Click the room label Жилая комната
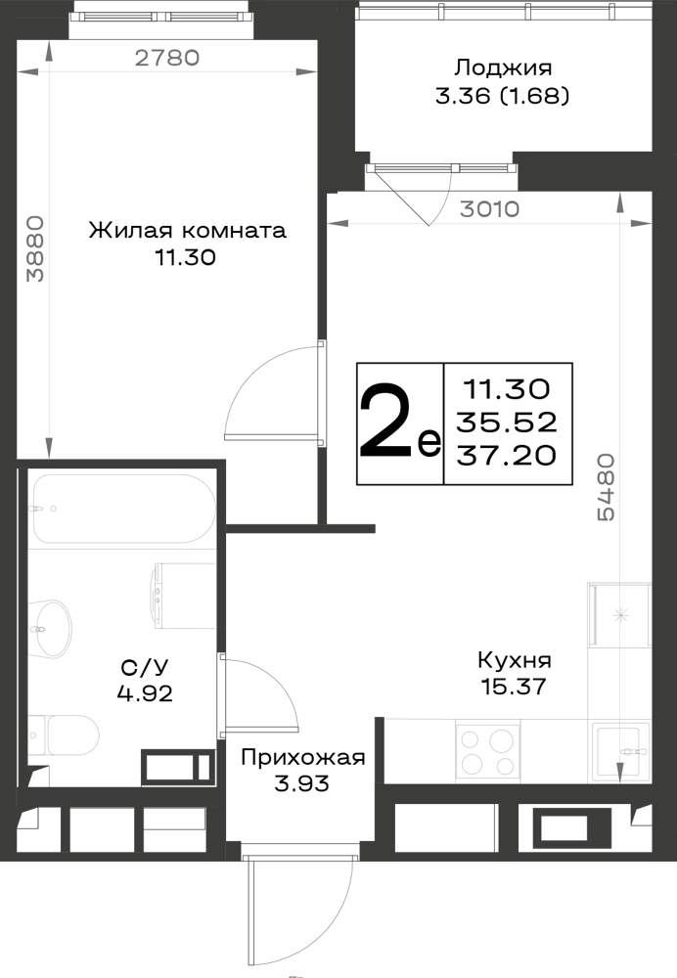(187, 230)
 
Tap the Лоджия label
(502, 67)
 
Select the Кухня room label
(515, 659)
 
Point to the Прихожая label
(302, 758)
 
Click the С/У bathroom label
(145, 668)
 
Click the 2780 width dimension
(167, 58)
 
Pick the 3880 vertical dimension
(36, 248)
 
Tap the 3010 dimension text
(490, 209)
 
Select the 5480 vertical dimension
(606, 487)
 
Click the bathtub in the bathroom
(124, 509)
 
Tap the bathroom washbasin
(49, 628)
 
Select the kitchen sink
(621, 751)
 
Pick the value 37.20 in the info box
(506, 456)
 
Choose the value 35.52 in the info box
(506, 422)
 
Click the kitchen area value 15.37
(514, 687)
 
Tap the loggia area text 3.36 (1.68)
(502, 96)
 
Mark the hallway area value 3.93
(301, 783)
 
